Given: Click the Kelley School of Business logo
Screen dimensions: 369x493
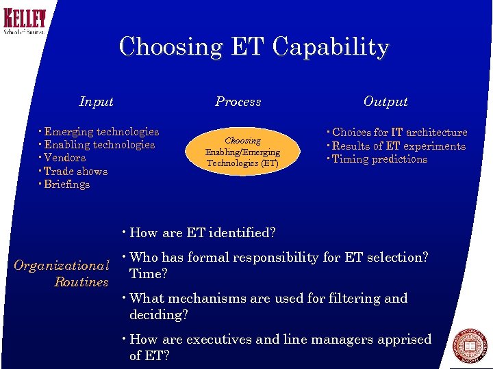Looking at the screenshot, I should [25, 21].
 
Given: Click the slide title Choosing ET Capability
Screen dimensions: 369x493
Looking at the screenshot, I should [254, 47].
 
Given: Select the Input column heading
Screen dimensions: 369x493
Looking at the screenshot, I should [97, 102].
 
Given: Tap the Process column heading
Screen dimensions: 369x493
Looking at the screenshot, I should [238, 102].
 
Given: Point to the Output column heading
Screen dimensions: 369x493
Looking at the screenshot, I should [385, 102].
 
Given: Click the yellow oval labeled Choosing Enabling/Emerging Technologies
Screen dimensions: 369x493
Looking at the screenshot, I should [242, 152].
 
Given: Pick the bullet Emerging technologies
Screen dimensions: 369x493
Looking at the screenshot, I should [101, 132].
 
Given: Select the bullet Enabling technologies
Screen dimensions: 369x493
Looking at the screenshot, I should [99, 145].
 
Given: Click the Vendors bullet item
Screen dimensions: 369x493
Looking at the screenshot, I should [64, 158].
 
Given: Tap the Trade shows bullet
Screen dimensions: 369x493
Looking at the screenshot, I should [75, 172].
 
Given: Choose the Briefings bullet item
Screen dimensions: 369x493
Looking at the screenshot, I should [66, 184].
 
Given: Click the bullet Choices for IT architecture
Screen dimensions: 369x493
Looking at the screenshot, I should [399, 133].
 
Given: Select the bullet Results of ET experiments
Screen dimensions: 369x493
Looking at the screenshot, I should [398, 146].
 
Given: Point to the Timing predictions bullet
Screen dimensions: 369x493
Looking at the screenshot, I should [379, 159].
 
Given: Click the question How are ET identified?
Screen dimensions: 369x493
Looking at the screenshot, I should [202, 233].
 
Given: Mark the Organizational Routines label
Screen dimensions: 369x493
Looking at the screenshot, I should [62, 273].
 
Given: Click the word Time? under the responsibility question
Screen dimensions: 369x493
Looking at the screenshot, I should [149, 273].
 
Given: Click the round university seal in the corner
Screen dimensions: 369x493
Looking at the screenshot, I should [470, 346].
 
